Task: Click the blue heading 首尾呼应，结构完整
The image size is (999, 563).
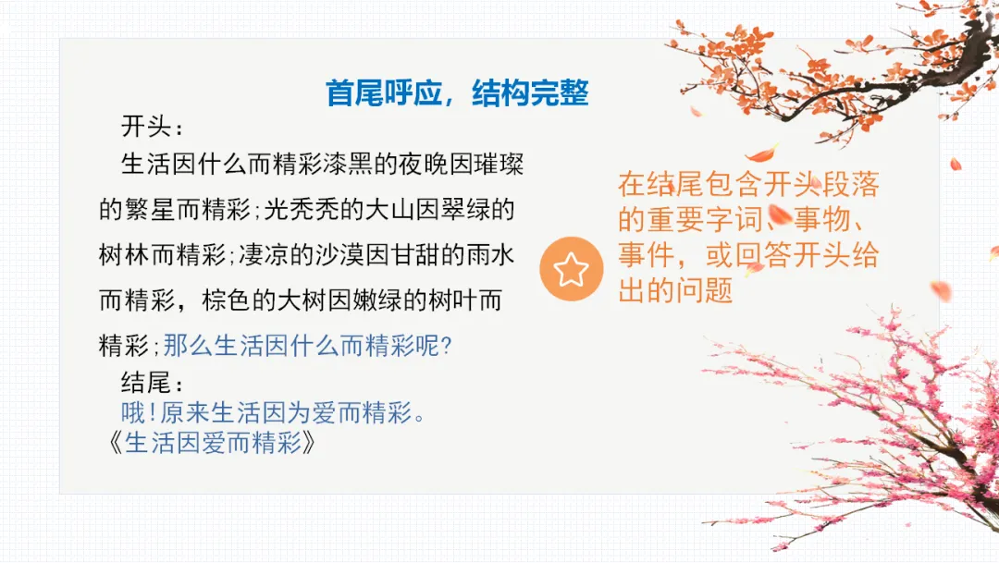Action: [457, 94]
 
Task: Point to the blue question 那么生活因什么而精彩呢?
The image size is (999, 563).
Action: [307, 346]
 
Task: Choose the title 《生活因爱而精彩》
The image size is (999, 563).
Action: [212, 444]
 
